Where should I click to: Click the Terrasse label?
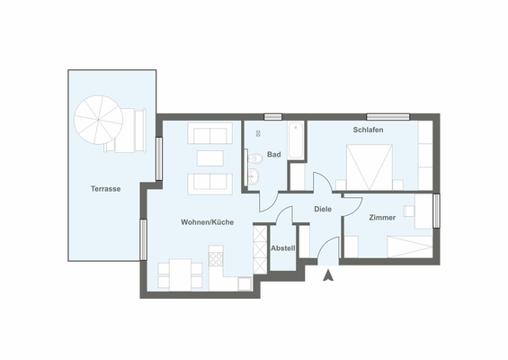click(x=106, y=189)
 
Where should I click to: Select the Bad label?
click(x=273, y=155)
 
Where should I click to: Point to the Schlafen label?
click(x=368, y=130)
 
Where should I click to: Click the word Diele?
click(x=322, y=209)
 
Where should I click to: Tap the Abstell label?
click(x=283, y=247)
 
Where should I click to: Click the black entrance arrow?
click(x=328, y=275)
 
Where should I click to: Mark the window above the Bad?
click(x=272, y=116)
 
